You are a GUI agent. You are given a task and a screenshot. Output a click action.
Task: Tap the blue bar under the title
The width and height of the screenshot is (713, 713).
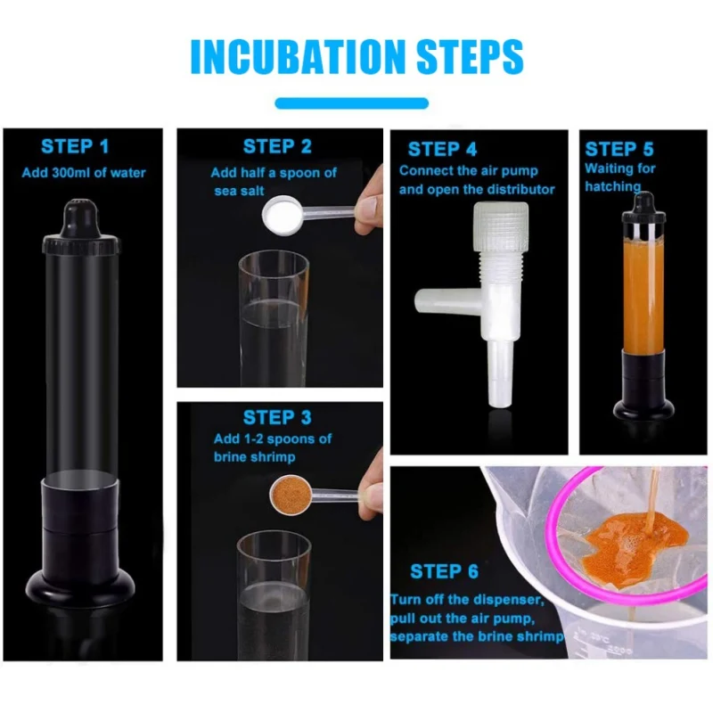pos(351,103)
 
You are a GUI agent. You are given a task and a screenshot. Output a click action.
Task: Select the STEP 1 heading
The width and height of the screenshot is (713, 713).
pos(75,146)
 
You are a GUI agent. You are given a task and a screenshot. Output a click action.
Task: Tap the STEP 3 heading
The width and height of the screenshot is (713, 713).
pos(277,417)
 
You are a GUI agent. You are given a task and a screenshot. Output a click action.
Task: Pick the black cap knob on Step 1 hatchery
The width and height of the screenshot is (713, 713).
pos(80,218)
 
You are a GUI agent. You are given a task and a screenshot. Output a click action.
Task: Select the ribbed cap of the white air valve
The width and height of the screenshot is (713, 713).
pos(500,227)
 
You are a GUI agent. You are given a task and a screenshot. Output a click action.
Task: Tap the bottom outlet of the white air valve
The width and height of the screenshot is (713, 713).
pos(500,373)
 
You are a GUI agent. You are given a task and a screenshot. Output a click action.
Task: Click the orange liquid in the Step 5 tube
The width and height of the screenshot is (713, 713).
pos(643,296)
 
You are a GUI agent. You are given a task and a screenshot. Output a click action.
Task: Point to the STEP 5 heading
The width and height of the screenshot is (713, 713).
pos(619,149)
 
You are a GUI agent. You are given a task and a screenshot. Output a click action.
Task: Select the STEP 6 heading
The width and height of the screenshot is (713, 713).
pos(444,571)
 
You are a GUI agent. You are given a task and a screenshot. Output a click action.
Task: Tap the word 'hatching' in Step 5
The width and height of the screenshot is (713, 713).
pos(612,187)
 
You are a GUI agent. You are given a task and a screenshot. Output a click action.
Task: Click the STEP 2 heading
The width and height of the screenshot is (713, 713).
pos(277,146)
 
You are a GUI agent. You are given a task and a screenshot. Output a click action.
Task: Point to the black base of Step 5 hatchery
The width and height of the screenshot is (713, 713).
pos(643,386)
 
